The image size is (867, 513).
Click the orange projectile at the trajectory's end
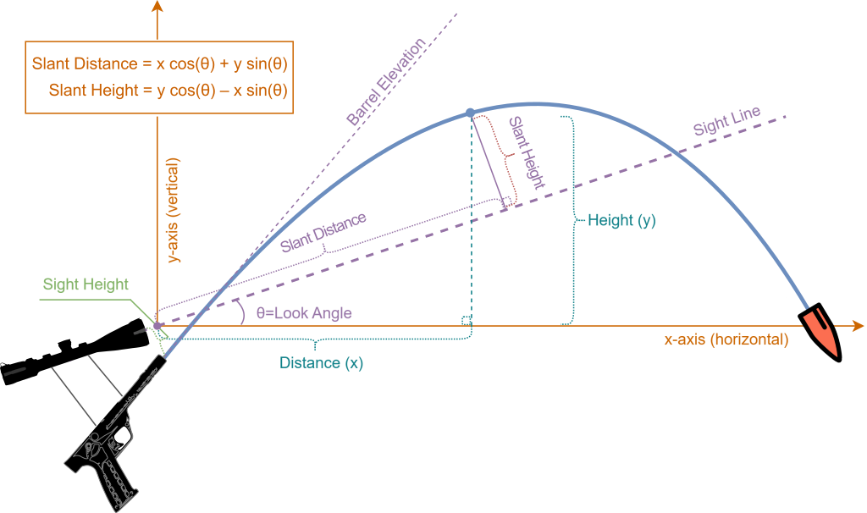click(x=820, y=332)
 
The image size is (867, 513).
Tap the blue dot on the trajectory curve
click(x=470, y=113)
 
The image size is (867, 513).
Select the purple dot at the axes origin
click(x=157, y=326)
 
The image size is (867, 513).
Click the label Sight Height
click(x=86, y=284)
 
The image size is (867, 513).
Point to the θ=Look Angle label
click(x=304, y=313)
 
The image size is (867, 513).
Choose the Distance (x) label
click(x=321, y=362)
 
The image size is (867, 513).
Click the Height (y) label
click(x=621, y=220)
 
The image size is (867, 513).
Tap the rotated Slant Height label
click(x=527, y=152)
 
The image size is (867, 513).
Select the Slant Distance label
click(x=323, y=232)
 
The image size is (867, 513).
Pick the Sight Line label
click(x=727, y=121)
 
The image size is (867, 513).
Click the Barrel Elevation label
click(x=386, y=81)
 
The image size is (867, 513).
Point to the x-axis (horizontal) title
click(x=726, y=339)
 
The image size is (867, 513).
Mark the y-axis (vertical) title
click(x=174, y=210)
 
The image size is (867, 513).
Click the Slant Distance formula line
click(x=160, y=63)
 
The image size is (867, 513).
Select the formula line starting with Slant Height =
click(x=168, y=90)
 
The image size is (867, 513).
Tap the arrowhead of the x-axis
click(x=859, y=326)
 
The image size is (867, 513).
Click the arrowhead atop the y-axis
click(x=157, y=6)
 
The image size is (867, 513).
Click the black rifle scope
click(x=75, y=352)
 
